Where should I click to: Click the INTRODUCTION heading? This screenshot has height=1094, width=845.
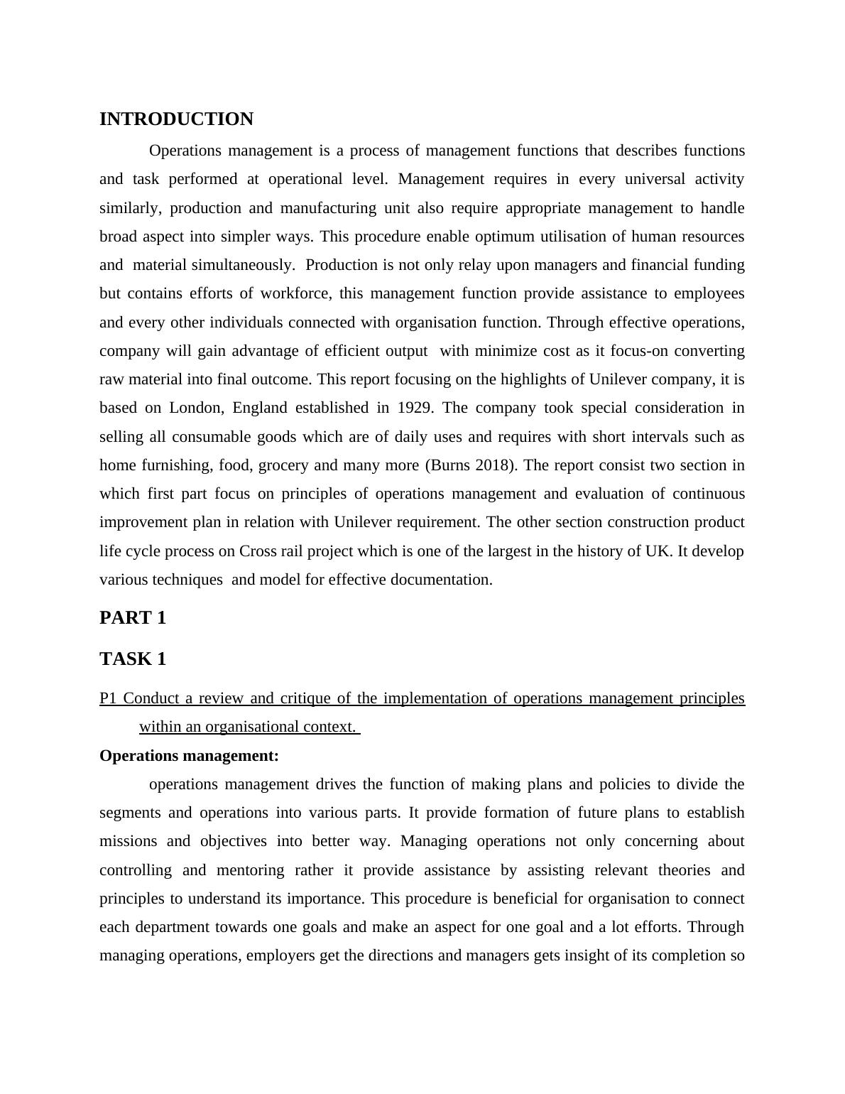(x=176, y=119)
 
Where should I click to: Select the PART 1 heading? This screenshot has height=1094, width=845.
(x=133, y=618)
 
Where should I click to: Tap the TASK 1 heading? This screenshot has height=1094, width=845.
(x=133, y=659)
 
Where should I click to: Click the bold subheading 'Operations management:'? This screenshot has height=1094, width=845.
(x=189, y=756)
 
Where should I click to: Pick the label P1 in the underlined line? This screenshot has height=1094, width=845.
(x=108, y=698)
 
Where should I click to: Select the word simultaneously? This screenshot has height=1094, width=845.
(x=242, y=265)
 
